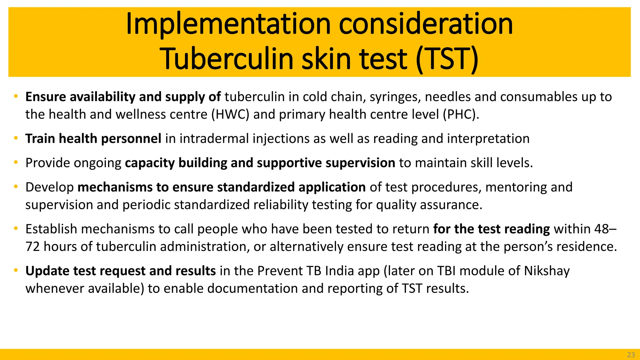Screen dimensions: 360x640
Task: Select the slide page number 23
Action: click(x=631, y=355)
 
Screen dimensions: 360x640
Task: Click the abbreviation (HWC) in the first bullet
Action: click(x=230, y=114)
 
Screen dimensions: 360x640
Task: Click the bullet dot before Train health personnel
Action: click(x=16, y=138)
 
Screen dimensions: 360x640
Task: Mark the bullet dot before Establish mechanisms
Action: click(x=16, y=229)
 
